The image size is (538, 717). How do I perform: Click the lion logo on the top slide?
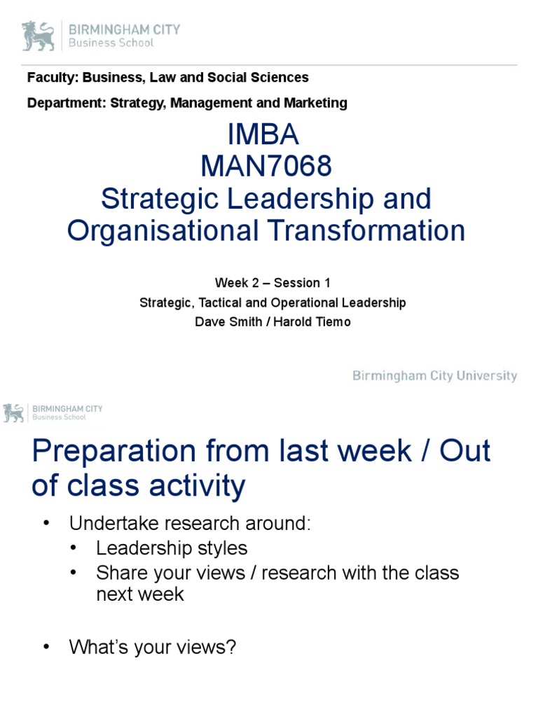[x=39, y=36]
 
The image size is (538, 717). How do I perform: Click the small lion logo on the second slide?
[x=13, y=413]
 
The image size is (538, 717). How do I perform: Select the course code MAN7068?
[x=265, y=167]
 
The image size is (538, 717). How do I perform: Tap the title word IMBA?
[x=265, y=136]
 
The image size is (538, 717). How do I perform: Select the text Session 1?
[x=301, y=283]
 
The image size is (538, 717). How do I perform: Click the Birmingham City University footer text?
[x=434, y=376]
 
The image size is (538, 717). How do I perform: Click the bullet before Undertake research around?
[x=46, y=524]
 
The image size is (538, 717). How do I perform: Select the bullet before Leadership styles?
[x=74, y=548]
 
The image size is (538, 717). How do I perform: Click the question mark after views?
[x=231, y=648]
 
